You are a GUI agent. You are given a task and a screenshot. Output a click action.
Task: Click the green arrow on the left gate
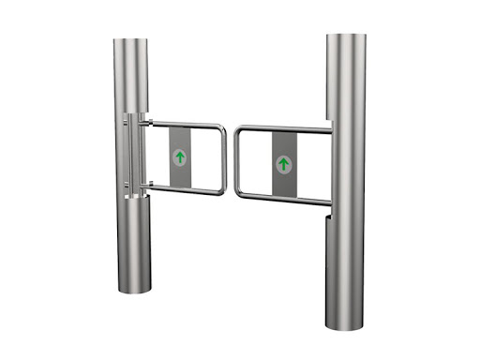179,157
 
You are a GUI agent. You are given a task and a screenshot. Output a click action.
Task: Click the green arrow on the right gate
283,164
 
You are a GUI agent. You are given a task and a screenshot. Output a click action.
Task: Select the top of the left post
132,41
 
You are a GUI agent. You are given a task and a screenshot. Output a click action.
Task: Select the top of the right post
345,37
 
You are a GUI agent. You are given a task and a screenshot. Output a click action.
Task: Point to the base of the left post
134,288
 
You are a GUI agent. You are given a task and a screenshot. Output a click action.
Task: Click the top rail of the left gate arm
183,124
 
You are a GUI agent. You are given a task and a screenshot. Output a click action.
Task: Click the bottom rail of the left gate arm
183,189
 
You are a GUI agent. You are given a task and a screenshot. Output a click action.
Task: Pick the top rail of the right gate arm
281,128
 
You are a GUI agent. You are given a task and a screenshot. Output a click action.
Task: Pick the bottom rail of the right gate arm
281,198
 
